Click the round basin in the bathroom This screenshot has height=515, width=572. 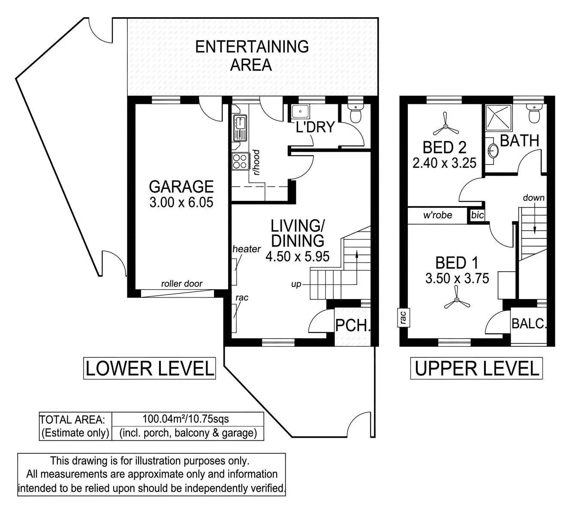(493, 150)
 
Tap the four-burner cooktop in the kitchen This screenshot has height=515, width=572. (240, 161)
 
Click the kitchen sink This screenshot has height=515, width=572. (240, 128)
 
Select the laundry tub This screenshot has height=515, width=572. (300, 112)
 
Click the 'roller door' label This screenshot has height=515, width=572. (182, 284)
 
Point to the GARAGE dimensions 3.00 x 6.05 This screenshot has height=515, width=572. (181, 203)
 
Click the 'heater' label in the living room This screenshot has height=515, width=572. (247, 249)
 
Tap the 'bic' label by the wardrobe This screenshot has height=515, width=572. (477, 215)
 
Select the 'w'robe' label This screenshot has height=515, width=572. (438, 215)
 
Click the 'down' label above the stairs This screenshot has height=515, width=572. (533, 197)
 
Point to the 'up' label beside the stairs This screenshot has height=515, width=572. (296, 285)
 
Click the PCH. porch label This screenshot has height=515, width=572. (353, 325)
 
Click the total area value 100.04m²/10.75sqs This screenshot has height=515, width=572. (186, 419)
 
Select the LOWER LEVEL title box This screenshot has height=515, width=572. (150, 368)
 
